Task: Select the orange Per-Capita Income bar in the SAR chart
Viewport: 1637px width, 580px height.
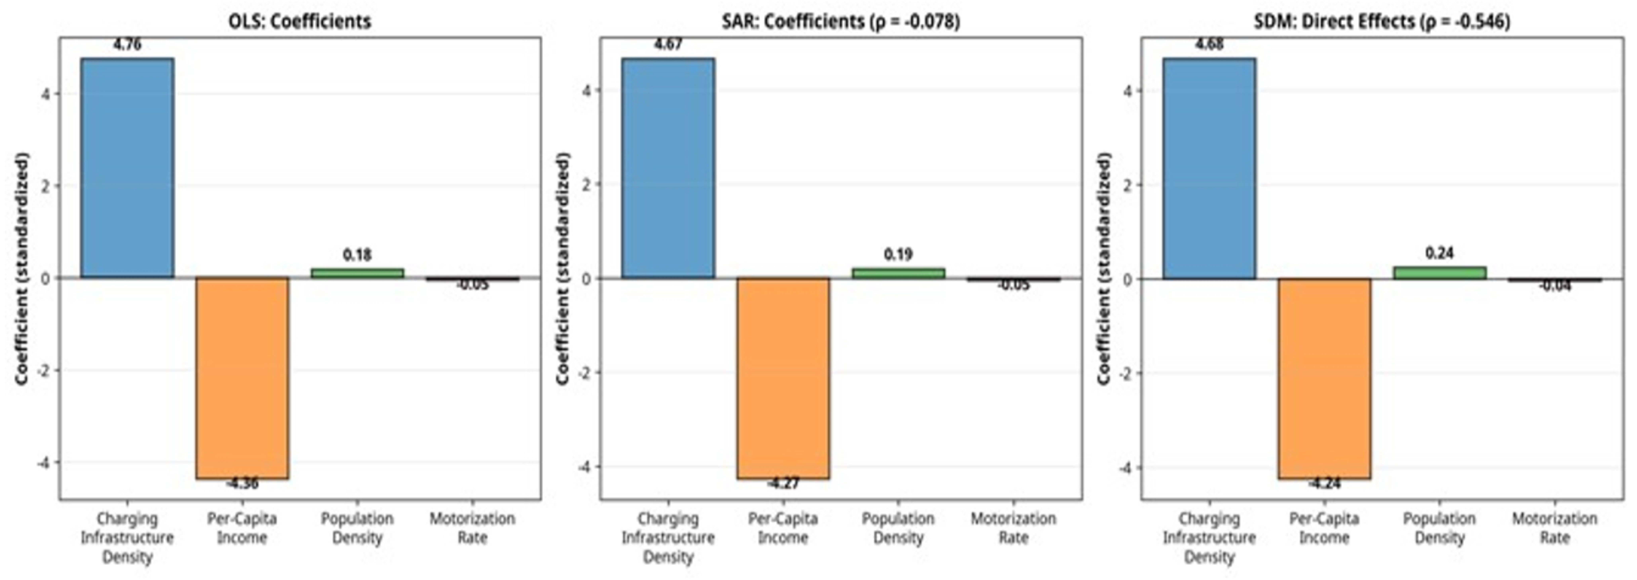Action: tap(783, 378)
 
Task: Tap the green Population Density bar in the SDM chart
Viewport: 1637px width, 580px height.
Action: tap(1439, 272)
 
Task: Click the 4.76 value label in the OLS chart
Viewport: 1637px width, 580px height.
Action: tap(127, 45)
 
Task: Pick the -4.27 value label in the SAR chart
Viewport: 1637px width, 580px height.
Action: tap(783, 484)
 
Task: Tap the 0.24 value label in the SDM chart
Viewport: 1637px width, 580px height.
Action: tap(1439, 253)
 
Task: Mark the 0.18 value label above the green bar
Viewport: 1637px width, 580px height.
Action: tap(357, 255)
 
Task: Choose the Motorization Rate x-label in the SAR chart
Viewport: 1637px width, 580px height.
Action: tap(1013, 528)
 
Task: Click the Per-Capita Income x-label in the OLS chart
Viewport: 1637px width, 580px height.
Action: tap(242, 528)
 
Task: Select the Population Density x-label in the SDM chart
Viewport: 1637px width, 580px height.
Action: tap(1439, 528)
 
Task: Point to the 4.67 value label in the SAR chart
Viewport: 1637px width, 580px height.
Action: tap(668, 45)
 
